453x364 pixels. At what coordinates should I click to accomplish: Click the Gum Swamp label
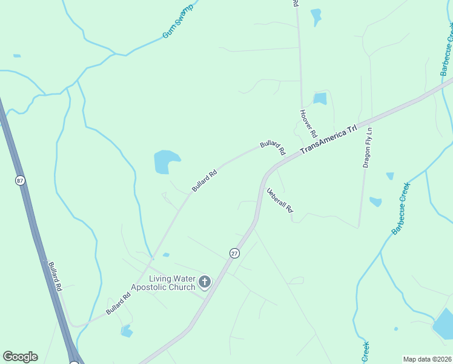click(177, 21)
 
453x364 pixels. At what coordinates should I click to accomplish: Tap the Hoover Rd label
click(309, 123)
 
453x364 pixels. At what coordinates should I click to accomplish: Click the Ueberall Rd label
click(280, 200)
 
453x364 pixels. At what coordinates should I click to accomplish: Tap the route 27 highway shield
click(234, 254)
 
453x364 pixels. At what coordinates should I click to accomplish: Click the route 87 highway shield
click(20, 180)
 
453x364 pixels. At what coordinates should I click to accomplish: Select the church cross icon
click(205, 282)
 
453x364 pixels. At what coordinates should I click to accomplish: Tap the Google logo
click(20, 357)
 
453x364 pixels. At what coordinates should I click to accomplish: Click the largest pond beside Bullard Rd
click(165, 161)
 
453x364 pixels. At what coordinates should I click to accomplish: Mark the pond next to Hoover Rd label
click(320, 98)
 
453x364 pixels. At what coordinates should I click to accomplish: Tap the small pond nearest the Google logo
click(127, 331)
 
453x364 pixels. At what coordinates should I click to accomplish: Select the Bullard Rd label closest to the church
click(118, 304)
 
